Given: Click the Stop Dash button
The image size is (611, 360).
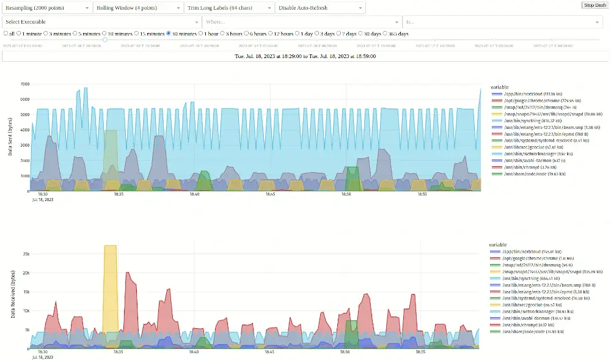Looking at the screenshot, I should tap(595, 5).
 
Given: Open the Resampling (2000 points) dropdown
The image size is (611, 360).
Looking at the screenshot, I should tap(47, 8).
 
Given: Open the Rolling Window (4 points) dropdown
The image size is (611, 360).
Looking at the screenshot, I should tap(138, 8).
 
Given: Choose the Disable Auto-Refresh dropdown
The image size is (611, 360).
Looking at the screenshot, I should tap(320, 8).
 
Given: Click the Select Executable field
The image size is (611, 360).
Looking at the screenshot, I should tap(101, 22).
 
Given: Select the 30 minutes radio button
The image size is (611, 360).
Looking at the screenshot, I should tap(169, 34).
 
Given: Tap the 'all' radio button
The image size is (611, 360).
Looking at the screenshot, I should tap(6, 34).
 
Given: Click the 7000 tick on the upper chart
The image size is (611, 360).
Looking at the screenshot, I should tap(24, 84).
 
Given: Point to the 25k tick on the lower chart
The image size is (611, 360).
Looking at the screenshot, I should tap(26, 254).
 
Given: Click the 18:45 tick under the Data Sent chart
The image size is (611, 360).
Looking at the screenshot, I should tap(269, 195).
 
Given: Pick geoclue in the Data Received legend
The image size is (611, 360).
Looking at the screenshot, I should tap(527, 304).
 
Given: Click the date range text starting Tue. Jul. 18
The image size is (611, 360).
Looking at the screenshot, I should tap(305, 56).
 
